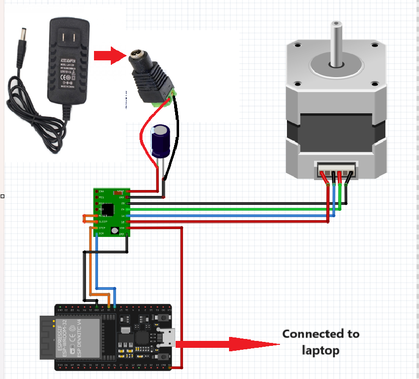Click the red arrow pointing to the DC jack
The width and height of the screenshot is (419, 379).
109,55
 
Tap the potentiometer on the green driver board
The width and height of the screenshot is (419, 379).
114,230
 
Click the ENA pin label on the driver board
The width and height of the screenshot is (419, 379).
101,191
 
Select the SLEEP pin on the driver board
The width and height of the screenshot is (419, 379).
102,222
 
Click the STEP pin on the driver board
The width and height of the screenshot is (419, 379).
101,228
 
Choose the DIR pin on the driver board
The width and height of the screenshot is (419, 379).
101,234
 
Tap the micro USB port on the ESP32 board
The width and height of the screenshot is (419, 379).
166,337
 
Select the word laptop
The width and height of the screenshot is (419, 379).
320,350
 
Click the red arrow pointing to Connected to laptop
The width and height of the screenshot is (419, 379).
228,344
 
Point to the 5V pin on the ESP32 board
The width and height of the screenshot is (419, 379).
170,367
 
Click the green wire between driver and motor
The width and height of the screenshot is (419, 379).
223,209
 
